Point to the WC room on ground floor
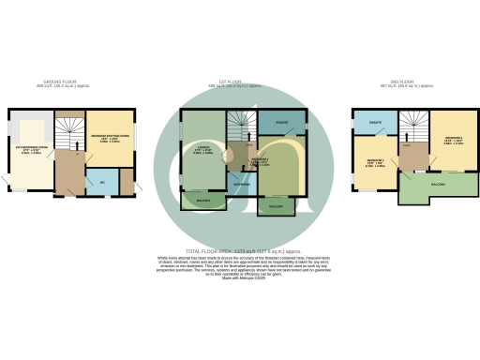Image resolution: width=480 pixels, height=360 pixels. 102,181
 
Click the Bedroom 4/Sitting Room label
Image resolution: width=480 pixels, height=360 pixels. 110,139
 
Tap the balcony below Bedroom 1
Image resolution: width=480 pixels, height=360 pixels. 276,206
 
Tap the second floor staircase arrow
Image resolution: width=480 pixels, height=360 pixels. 411,127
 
